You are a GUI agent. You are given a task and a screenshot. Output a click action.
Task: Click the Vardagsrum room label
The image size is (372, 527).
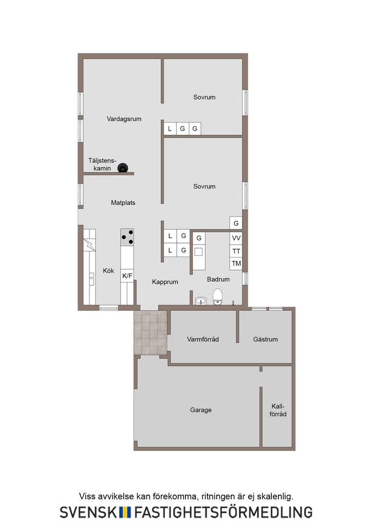point(124,119)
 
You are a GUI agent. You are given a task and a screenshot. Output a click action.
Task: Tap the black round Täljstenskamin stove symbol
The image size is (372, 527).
point(123,168)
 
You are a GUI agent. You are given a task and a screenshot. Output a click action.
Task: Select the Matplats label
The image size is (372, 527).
point(123,203)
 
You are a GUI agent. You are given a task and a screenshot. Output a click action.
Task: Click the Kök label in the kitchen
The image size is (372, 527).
point(108,271)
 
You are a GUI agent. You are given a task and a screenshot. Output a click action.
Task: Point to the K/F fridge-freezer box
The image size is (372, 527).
point(127,276)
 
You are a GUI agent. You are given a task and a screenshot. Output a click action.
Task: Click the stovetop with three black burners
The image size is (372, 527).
point(127,237)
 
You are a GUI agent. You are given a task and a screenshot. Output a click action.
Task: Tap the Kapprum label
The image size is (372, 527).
point(165,282)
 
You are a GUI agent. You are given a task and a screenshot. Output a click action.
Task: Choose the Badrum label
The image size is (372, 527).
point(218,279)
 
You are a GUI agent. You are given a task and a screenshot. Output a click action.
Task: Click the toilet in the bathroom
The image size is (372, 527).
point(218,296)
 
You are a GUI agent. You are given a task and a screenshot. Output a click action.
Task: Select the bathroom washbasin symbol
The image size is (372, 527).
point(201,301)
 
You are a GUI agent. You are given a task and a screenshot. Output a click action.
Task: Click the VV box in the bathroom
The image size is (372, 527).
point(236,238)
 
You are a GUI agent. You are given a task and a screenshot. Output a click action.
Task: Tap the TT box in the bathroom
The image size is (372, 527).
point(236,251)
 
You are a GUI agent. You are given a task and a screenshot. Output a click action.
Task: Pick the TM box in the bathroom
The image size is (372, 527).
point(236,263)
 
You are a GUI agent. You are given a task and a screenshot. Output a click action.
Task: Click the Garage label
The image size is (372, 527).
point(200,410)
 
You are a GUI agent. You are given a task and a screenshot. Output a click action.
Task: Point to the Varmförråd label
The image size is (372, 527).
point(203,340)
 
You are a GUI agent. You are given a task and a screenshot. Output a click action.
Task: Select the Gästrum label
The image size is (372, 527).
point(265,340)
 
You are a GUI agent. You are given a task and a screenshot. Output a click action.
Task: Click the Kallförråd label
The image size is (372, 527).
point(278,410)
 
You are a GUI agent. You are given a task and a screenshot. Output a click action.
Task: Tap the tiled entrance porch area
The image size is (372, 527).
point(150,332)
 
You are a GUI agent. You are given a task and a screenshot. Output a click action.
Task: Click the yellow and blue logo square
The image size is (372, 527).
point(125,512)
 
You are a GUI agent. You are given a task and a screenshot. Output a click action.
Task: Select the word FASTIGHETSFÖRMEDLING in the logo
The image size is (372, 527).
point(224,512)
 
